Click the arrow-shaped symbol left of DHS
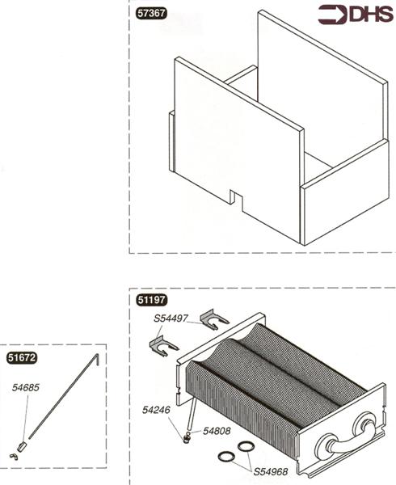click(x=331, y=14)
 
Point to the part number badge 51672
click(x=21, y=356)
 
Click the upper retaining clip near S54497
click(x=214, y=319)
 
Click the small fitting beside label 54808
click(x=187, y=437)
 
